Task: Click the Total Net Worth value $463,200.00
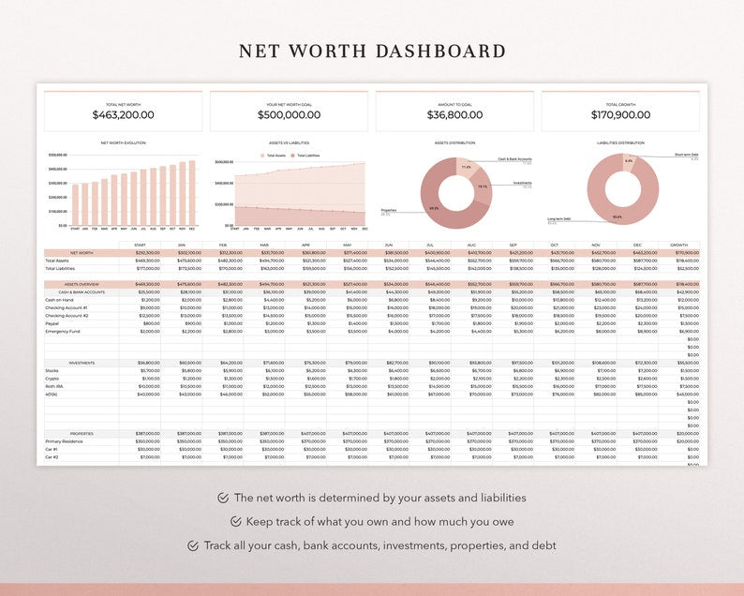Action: click(x=123, y=115)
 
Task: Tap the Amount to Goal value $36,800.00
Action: click(x=454, y=115)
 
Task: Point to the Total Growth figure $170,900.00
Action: click(x=620, y=115)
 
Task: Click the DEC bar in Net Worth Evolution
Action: click(x=192, y=193)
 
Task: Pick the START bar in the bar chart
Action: click(x=75, y=204)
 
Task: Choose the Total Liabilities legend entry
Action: click(x=307, y=156)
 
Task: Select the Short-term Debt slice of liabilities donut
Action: click(x=629, y=160)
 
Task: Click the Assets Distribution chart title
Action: click(x=454, y=143)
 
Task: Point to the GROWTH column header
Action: click(x=677, y=245)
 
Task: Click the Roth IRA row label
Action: click(x=53, y=386)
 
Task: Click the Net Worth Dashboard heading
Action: click(x=372, y=52)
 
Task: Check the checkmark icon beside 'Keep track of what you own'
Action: click(x=236, y=522)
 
